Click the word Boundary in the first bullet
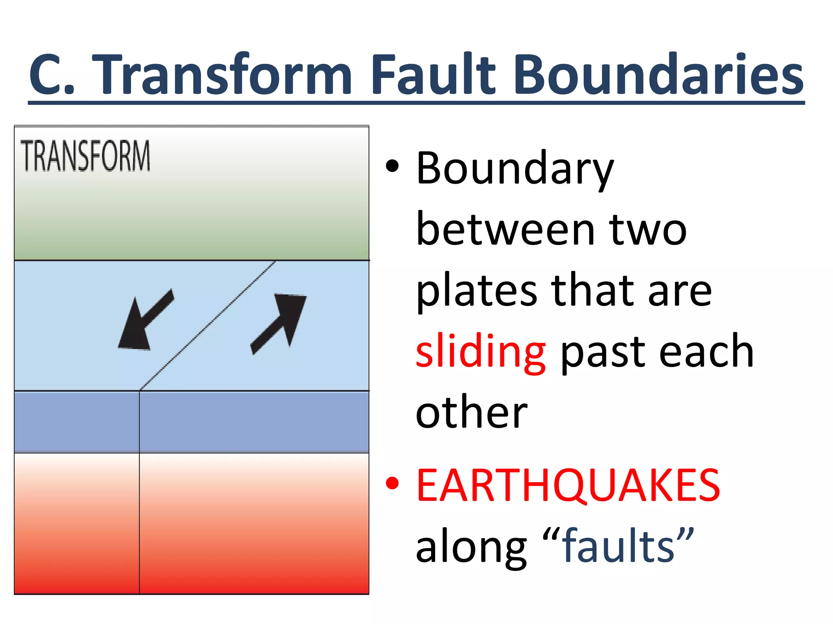pos(515,169)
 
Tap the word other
pos(472,413)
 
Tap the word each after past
pos(706,352)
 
